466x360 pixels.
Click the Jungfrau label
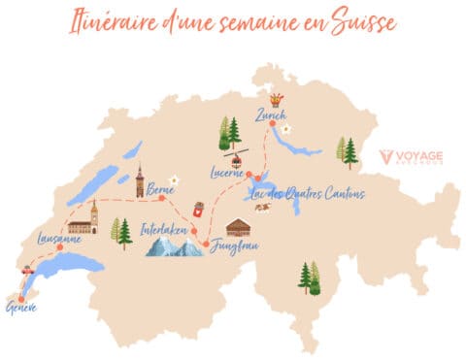tap(236, 247)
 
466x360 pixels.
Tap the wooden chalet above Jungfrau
tap(238, 228)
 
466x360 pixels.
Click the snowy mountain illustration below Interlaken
tap(175, 248)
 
